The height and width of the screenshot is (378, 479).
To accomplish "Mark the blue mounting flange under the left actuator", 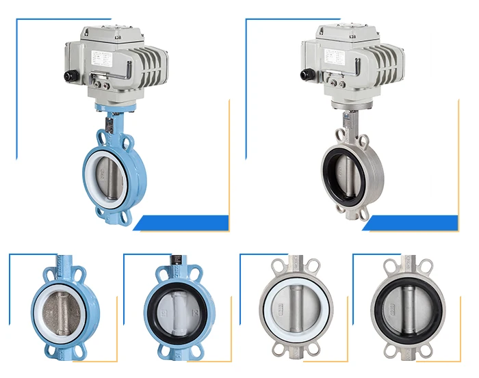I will tap(114, 109).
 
